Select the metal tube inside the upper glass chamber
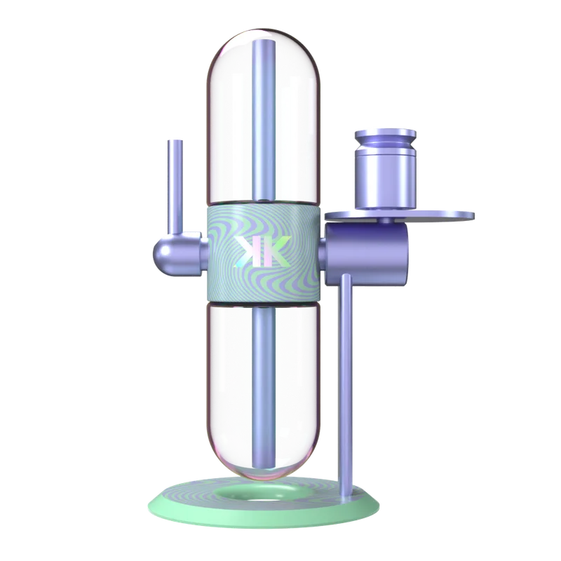(x=264, y=119)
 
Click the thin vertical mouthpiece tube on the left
(x=175, y=186)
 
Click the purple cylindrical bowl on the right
(x=385, y=169)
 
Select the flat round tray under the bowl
(x=399, y=215)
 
